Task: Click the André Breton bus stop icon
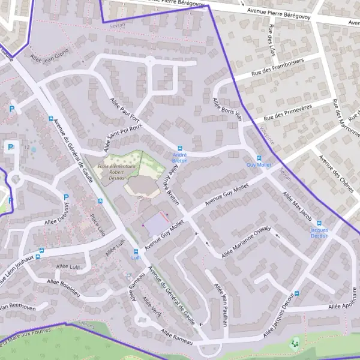pos(179,148)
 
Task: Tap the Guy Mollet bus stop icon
pos(259,158)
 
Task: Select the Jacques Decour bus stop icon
pos(319,223)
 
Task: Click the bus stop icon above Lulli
pos(136,251)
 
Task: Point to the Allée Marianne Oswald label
pos(246,242)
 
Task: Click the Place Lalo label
pos(98,224)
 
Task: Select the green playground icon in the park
pos(294,344)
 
